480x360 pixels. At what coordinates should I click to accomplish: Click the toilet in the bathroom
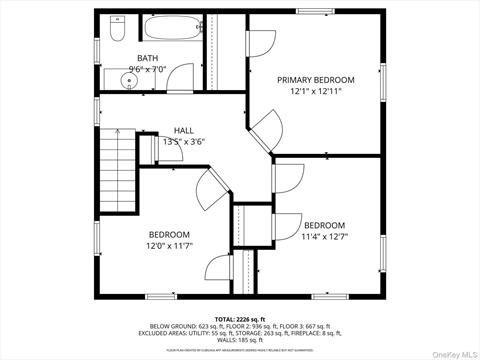(115, 31)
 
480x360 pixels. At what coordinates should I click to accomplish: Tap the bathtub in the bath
(172, 27)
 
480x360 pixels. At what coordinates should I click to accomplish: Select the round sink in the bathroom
(128, 81)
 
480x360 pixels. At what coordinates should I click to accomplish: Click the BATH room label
(147, 59)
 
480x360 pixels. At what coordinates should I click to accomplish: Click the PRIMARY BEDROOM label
(316, 79)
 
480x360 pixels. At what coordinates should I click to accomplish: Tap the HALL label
(184, 131)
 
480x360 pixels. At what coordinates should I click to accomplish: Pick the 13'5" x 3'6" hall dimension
(184, 142)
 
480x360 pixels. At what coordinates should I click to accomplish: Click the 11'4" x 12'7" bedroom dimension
(324, 237)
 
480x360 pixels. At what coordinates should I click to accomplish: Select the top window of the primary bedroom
(317, 11)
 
